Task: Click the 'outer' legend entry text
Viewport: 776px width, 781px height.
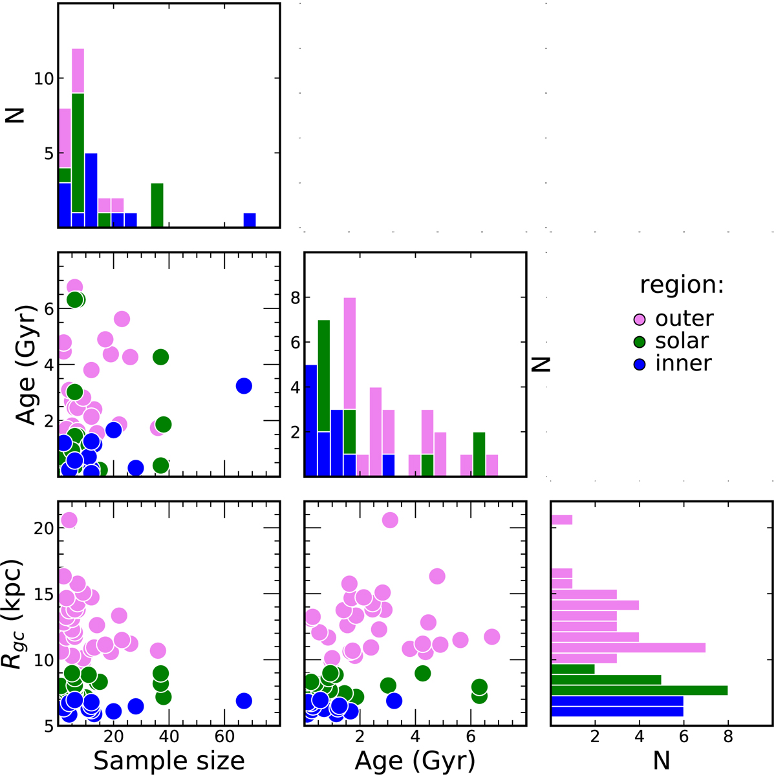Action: pyautogui.click(x=684, y=318)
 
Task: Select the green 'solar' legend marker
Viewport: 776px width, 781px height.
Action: pyautogui.click(x=640, y=341)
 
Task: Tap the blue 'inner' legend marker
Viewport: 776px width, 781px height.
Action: pyautogui.click(x=640, y=364)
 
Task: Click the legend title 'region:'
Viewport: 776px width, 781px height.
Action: pyautogui.click(x=682, y=285)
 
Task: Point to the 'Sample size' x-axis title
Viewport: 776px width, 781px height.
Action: pyautogui.click(x=169, y=761)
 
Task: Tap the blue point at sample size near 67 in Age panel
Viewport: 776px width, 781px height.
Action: pyautogui.click(x=244, y=386)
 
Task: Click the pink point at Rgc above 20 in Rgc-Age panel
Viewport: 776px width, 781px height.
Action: pyautogui.click(x=389, y=520)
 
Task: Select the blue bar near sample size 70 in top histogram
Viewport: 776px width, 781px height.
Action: pyautogui.click(x=250, y=220)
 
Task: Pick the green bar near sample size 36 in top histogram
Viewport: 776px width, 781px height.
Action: pyautogui.click(x=157, y=205)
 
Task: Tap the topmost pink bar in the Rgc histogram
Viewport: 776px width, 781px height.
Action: pyautogui.click(x=561, y=520)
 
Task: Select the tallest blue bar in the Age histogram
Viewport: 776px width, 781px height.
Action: pyautogui.click(x=310, y=421)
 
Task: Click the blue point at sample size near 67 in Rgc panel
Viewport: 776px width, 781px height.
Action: pyautogui.click(x=244, y=701)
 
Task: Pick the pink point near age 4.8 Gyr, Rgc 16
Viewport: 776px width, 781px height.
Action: pyautogui.click(x=437, y=576)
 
